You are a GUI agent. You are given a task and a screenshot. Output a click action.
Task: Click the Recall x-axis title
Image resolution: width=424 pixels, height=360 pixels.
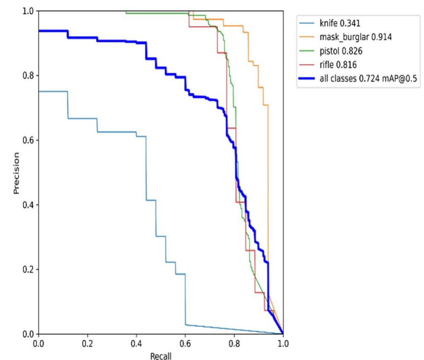[161, 354]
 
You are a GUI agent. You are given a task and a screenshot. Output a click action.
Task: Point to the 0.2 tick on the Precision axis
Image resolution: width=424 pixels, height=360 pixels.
[28, 269]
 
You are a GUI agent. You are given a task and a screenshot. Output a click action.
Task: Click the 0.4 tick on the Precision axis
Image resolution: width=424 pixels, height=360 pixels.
[28, 204]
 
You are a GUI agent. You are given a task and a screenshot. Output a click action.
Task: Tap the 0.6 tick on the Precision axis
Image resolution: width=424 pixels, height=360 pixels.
[28, 140]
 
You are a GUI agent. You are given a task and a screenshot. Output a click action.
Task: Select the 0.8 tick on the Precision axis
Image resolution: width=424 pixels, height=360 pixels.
[28, 75]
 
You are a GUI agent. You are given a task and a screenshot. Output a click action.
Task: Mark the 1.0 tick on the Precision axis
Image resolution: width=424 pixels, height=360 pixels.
[28, 11]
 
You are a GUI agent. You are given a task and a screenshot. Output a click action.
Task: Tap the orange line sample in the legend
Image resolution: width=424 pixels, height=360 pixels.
[308, 37]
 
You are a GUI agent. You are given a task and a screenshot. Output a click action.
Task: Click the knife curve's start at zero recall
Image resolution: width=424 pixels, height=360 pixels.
[39, 91]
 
